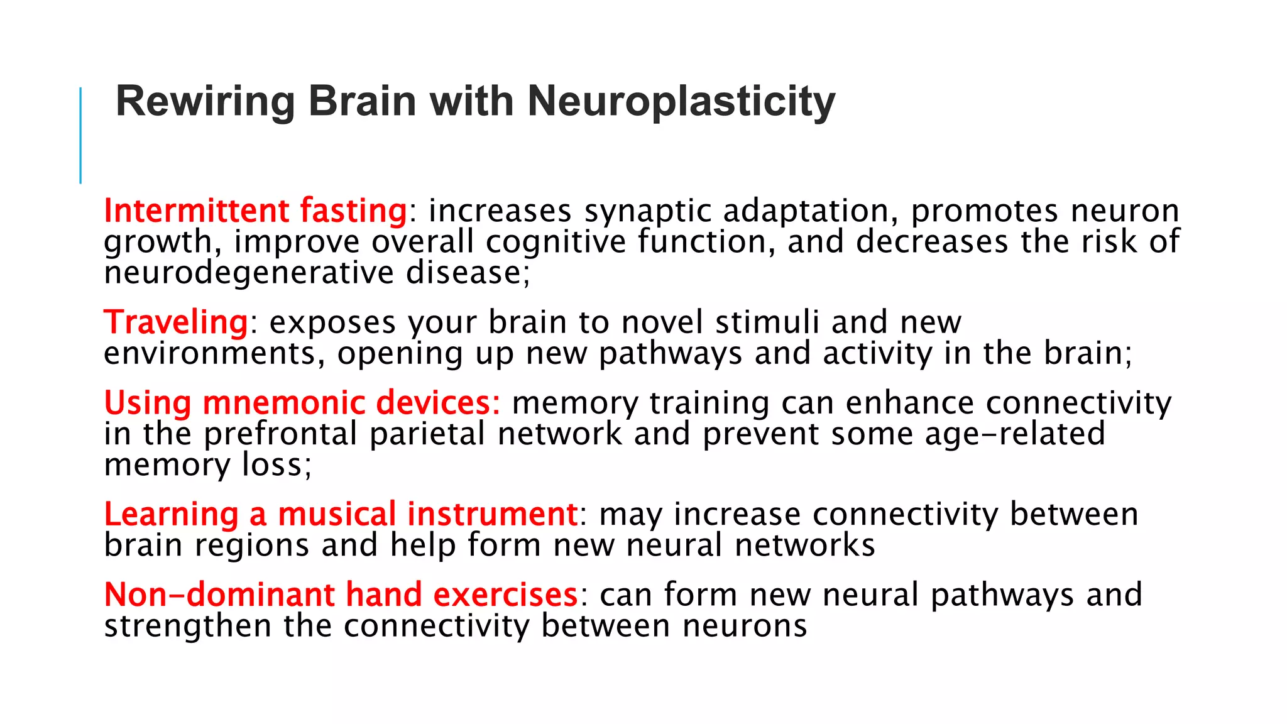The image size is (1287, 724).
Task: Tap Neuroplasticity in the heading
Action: pos(681,102)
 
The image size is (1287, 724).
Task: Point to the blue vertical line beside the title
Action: pos(80,135)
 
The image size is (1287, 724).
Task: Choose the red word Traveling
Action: pos(176,323)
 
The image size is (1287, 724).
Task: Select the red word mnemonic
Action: pos(283,403)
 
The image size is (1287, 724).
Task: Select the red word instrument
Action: pos(492,514)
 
